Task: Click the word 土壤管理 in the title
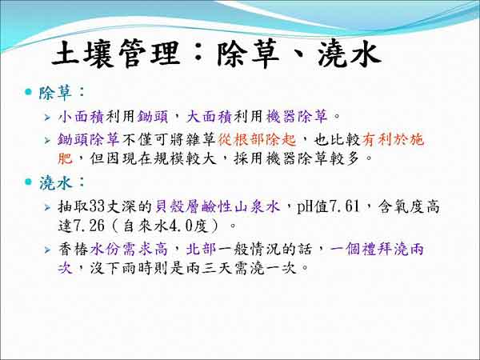[x=116, y=54]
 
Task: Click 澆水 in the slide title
[x=349, y=54]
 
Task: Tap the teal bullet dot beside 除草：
[x=29, y=91]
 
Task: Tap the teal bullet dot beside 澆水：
[x=29, y=182]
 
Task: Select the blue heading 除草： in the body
[x=62, y=93]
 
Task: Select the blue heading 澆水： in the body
[x=62, y=182]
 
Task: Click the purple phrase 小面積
[x=82, y=116]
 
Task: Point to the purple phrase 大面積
[x=210, y=116]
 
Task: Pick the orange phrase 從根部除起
[x=257, y=139]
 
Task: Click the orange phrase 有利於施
[x=393, y=139]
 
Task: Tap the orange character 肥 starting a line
[x=66, y=158]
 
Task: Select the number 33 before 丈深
[x=98, y=206]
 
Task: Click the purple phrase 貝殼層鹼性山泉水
[x=218, y=206]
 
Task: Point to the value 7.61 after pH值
[x=344, y=206]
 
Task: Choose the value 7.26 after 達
[x=90, y=226]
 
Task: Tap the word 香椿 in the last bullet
[x=74, y=249]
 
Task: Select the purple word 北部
[x=202, y=249]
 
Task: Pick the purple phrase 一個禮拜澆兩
[x=377, y=249]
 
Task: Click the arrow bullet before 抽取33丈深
[x=47, y=207]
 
